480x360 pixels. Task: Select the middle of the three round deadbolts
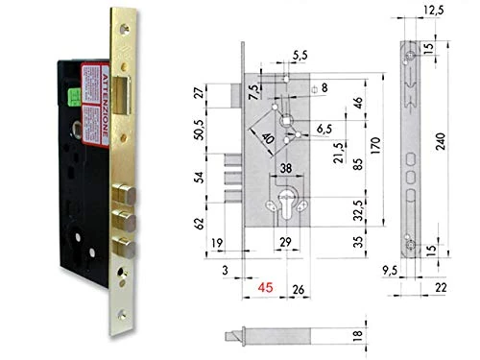(x=123, y=213)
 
